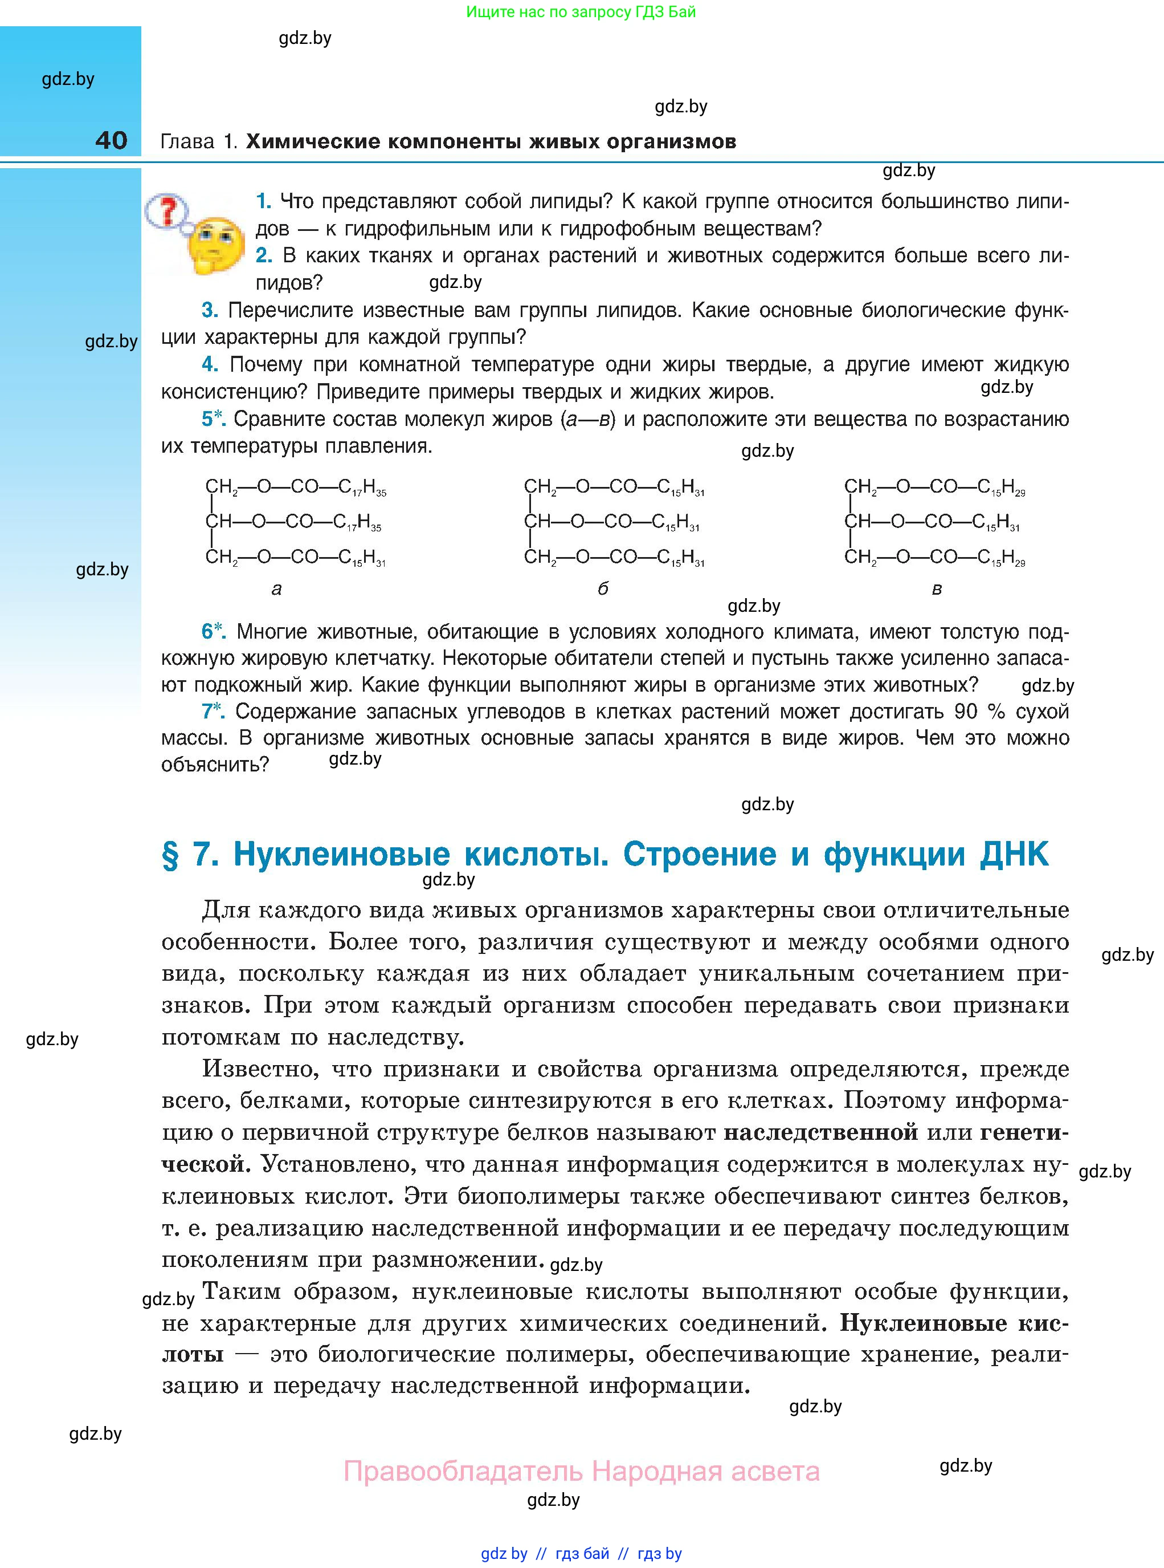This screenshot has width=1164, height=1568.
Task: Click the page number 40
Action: [x=111, y=140]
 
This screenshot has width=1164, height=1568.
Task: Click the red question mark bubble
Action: [x=167, y=211]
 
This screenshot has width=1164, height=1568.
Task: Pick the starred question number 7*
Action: [x=213, y=712]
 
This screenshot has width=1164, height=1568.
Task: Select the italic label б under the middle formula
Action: [x=602, y=588]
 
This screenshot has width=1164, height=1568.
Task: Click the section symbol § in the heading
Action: [x=170, y=855]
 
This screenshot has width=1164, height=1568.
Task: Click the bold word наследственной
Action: [x=821, y=1132]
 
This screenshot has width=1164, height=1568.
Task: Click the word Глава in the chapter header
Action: [x=187, y=142]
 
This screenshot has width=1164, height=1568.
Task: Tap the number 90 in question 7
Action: [x=966, y=712]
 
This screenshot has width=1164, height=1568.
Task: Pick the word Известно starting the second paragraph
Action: [x=256, y=1069]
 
